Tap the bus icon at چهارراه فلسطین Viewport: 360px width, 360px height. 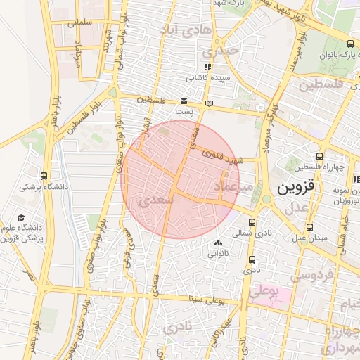coord(320,156)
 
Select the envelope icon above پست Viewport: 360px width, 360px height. coord(184,102)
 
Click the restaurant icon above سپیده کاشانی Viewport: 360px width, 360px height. coord(206,67)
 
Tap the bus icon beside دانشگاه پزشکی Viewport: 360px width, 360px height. coord(44,176)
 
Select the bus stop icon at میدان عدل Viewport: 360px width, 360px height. coord(310,227)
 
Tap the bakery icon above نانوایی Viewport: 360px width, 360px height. coord(216,243)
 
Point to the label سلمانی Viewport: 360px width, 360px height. coord(81,22)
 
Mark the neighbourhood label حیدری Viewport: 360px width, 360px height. coord(216,52)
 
